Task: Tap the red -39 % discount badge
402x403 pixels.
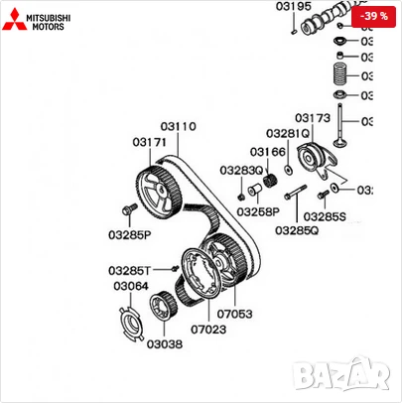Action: pyautogui.click(x=373, y=17)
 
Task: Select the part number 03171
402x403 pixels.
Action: pyautogui.click(x=149, y=143)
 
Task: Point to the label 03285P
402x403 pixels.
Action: pyautogui.click(x=129, y=235)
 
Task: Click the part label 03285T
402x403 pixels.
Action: pyautogui.click(x=130, y=270)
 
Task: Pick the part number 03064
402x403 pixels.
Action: pyautogui.click(x=130, y=286)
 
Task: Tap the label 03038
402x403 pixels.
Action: pyautogui.click(x=165, y=345)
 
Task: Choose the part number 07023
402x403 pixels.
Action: pyautogui.click(x=208, y=328)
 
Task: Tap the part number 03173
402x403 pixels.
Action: pyautogui.click(x=312, y=117)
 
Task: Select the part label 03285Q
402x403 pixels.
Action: pyautogui.click(x=298, y=231)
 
